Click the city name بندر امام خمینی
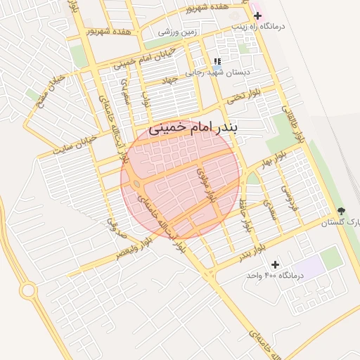pyautogui.click(x=194, y=128)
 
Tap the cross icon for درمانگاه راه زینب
pyautogui.click(x=257, y=15)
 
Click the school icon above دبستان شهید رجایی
pyautogui.click(x=217, y=61)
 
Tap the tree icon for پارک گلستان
pyautogui.click(x=342, y=211)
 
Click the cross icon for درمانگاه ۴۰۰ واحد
pyautogui.click(x=275, y=264)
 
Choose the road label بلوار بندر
pyautogui.click(x=250, y=250)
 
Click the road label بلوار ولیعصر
pyautogui.click(x=134, y=246)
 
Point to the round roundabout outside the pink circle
pyautogui.click(x=28, y=289)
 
